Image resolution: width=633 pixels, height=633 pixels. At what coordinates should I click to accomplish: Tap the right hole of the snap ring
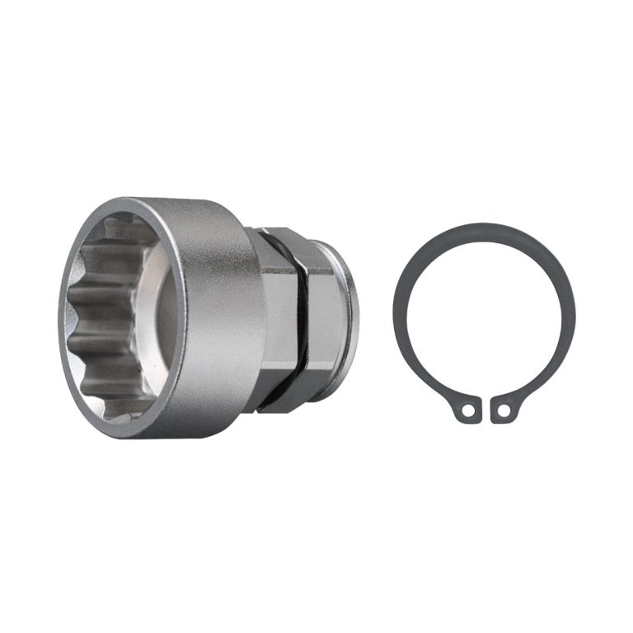pyautogui.click(x=504, y=409)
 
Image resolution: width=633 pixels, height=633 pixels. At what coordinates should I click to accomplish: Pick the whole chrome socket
pyautogui.click(x=206, y=317)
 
